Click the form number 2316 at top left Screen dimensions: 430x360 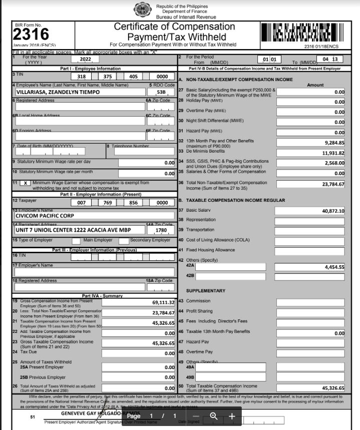pos(31,35)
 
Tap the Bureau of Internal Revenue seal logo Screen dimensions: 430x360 pos(142,9)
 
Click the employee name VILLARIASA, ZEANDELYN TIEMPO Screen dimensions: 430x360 pos(58,92)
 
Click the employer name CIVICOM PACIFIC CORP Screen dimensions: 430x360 pos(45,216)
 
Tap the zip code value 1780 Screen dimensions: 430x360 pos(161,230)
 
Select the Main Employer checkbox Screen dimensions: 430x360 pos(76,241)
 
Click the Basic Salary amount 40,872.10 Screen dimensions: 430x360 pos(332,211)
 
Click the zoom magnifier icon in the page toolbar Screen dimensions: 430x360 pos(213,416)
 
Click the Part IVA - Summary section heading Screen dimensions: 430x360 pos(102,296)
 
